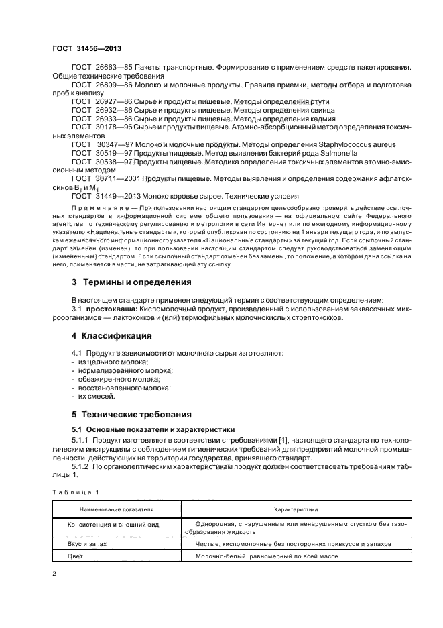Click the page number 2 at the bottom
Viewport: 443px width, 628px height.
(x=54, y=573)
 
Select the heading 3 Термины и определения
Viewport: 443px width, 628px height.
(x=122, y=282)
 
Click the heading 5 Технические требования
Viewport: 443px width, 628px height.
(x=131, y=414)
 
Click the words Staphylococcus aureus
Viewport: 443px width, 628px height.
(x=361, y=144)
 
